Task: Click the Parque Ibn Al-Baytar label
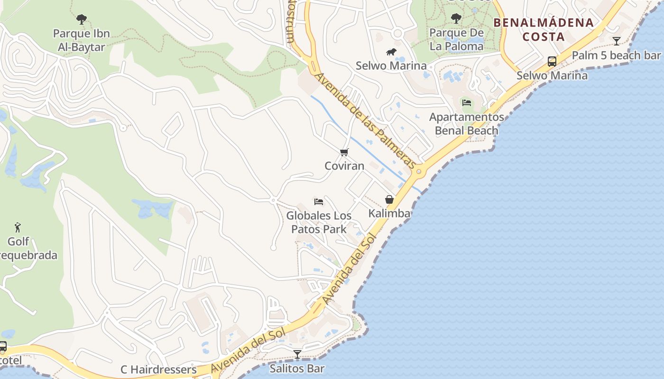click(81, 40)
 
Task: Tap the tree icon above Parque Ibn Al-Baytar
click(82, 19)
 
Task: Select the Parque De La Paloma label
click(456, 39)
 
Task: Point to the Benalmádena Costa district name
click(544, 29)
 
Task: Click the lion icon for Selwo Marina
click(391, 52)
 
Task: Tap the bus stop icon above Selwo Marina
click(552, 62)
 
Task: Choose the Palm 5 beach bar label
click(616, 55)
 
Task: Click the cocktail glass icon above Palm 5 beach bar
click(616, 41)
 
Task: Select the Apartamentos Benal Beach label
click(467, 124)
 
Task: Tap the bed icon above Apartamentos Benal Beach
click(467, 103)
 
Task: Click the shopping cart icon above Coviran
click(344, 152)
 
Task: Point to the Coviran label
click(344, 166)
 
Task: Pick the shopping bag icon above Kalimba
click(389, 199)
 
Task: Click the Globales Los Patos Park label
click(319, 222)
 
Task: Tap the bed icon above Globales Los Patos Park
click(319, 202)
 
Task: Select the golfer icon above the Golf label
click(18, 227)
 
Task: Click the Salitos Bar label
click(297, 368)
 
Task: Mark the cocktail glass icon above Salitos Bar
click(297, 354)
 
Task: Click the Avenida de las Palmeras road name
click(366, 121)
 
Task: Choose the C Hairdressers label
click(158, 370)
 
